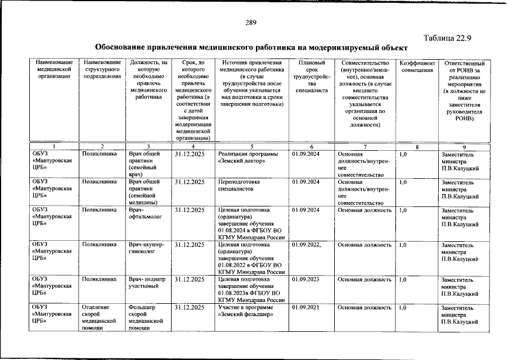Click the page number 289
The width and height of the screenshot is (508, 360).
(251, 23)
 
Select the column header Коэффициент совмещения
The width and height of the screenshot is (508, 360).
(417, 66)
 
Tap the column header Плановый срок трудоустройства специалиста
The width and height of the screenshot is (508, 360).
(311, 79)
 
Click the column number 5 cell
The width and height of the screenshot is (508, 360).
(252, 146)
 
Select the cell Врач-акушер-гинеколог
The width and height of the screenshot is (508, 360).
(146, 248)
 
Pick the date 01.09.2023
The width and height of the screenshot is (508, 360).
(307, 278)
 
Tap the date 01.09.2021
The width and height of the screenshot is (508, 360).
(307, 307)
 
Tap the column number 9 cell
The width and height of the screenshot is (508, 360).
(464, 146)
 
